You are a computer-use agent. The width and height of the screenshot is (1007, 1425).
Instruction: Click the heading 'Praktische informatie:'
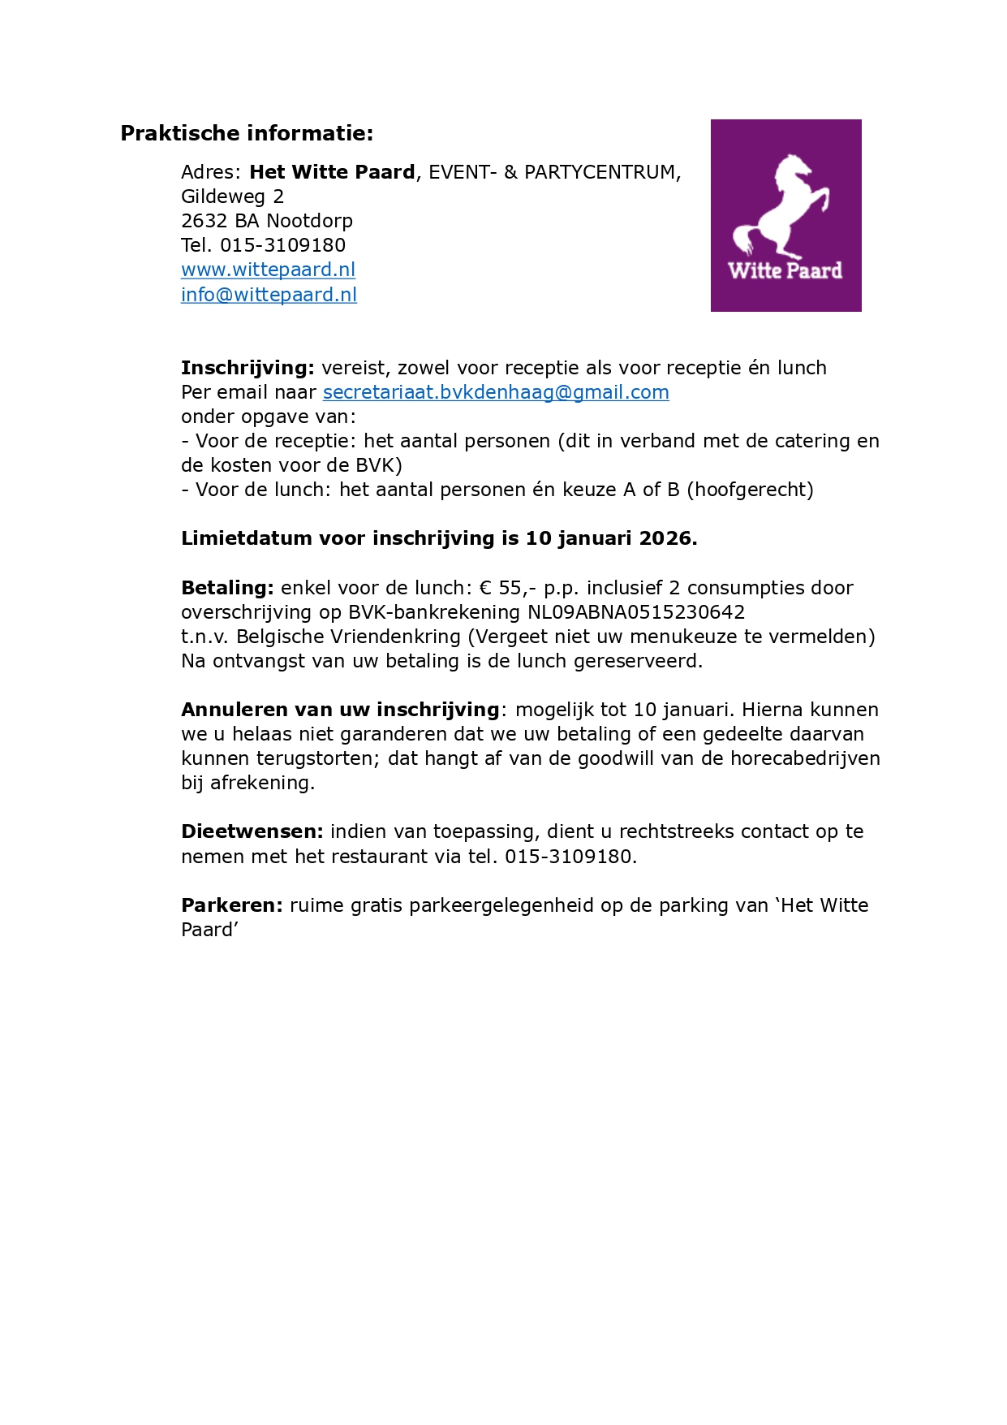(247, 133)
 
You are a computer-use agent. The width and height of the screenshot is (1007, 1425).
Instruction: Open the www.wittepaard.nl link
(268, 270)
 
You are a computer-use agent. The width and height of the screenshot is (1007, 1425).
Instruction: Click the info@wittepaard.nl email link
(269, 295)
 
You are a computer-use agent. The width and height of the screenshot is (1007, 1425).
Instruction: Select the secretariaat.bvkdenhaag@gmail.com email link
(496, 392)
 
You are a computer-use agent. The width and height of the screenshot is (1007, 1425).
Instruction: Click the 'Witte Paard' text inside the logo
(785, 270)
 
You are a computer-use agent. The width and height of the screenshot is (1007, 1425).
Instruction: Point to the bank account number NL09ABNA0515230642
(636, 612)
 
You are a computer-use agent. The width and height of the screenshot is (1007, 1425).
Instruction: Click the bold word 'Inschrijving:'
(247, 368)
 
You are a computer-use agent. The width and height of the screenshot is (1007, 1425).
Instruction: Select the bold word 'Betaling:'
(228, 588)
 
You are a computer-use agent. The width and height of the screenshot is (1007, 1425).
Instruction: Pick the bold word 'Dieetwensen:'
(252, 831)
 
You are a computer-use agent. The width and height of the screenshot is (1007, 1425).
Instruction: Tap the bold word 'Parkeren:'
(232, 905)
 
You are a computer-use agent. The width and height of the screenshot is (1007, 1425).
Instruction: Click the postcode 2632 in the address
(204, 221)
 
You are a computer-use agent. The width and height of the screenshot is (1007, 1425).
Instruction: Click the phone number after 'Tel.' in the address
(282, 245)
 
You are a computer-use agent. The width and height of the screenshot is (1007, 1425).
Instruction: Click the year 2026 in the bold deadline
(665, 538)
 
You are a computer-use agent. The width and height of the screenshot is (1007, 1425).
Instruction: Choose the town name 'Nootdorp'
(309, 221)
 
